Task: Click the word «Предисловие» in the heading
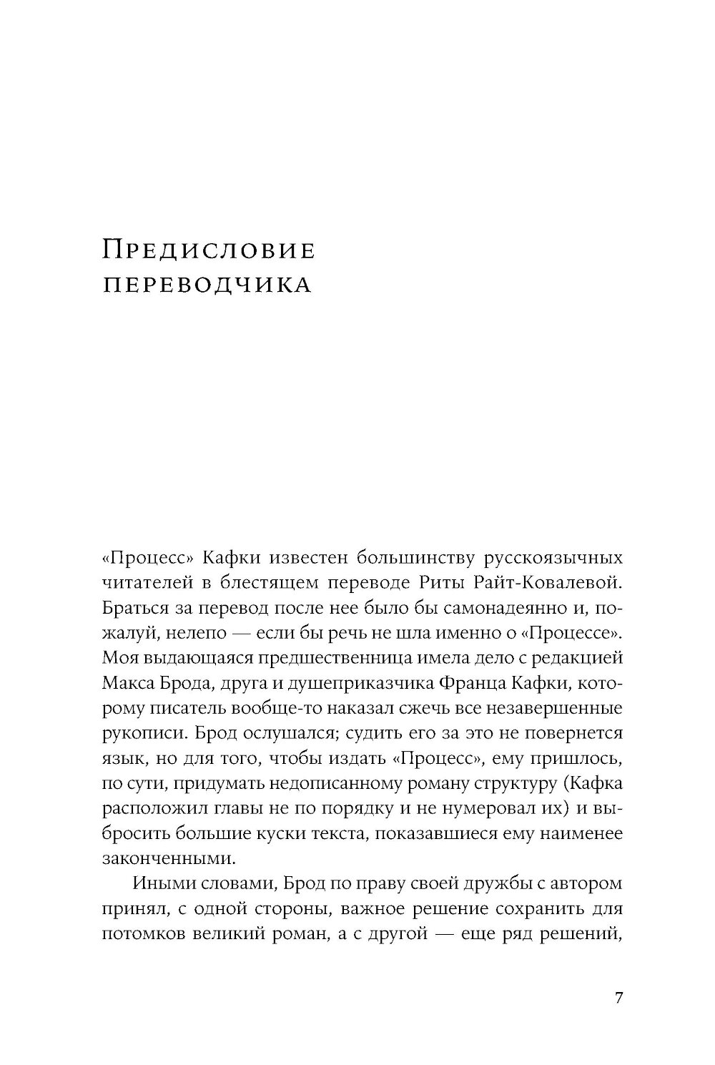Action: coord(208,250)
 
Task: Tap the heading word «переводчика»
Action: coord(207,285)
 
